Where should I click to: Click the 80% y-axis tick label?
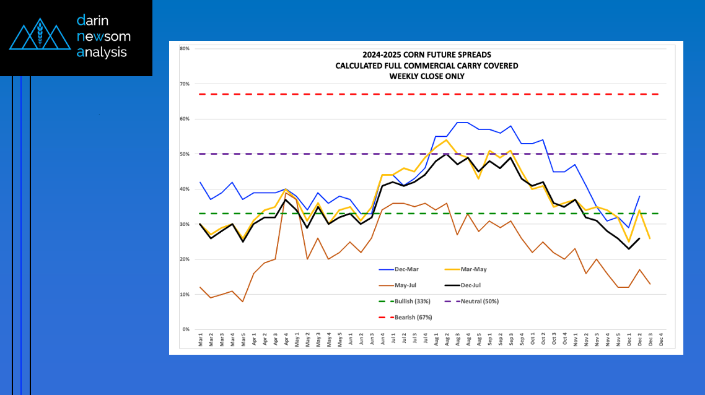[185, 48]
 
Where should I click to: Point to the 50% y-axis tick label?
[185, 154]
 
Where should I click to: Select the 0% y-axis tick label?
[186, 329]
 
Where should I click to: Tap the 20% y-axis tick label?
[185, 259]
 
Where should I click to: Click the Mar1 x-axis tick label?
[200, 341]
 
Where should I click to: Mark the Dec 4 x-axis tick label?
[662, 341]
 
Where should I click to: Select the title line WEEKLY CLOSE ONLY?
[427, 76]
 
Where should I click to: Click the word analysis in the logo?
[102, 53]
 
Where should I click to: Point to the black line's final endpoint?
[639, 238]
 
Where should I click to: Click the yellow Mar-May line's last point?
[649, 238]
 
